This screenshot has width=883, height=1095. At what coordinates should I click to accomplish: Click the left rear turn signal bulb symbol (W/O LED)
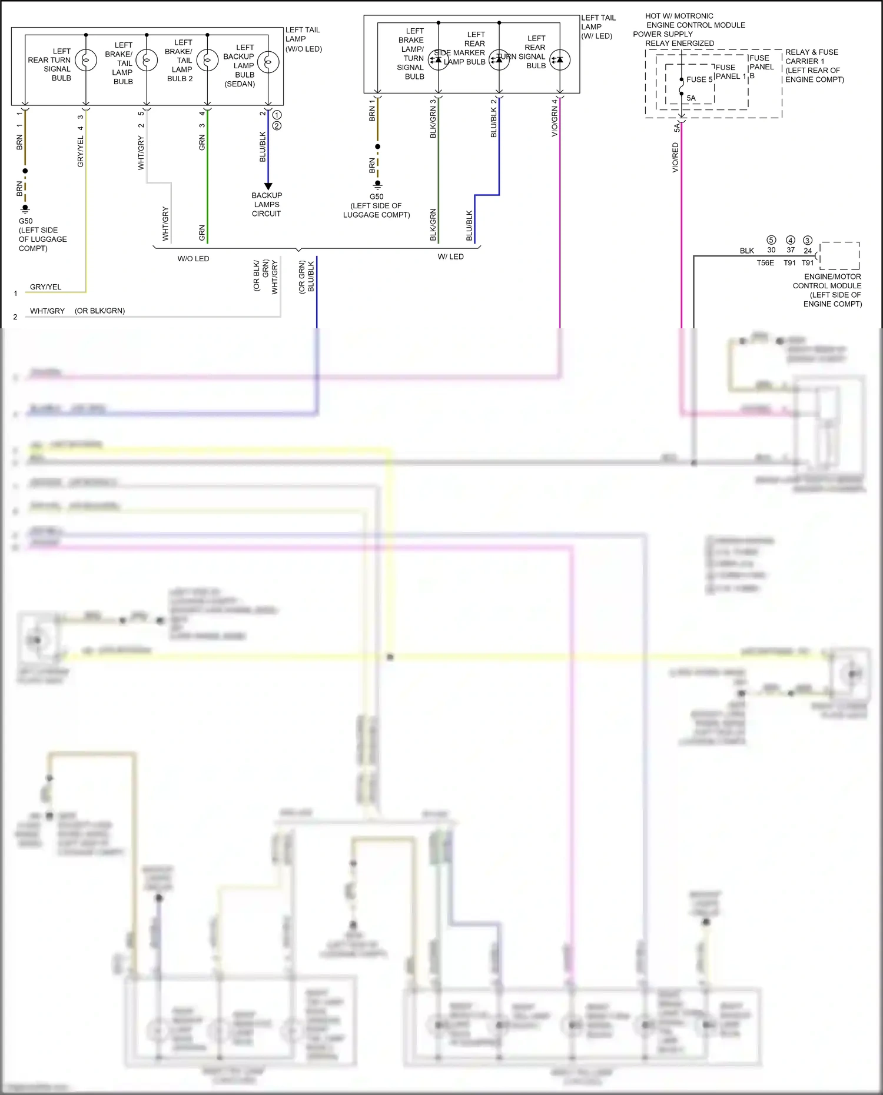(86, 60)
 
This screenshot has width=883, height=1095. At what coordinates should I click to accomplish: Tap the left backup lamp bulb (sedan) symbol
(268, 61)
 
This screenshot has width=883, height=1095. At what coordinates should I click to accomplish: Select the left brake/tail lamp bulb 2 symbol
(207, 60)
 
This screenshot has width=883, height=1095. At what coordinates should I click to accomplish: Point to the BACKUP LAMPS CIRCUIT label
(267, 204)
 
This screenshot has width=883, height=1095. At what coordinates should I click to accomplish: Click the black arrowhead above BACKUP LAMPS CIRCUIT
(268, 186)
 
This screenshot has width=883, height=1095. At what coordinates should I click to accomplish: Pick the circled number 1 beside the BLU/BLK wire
(277, 115)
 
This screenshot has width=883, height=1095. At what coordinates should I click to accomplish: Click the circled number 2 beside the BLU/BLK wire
(277, 125)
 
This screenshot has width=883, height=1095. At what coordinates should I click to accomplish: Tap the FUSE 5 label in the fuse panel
(699, 79)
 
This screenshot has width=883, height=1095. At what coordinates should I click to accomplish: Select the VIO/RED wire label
(675, 158)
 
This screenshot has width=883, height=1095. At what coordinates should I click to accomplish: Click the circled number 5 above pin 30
(771, 240)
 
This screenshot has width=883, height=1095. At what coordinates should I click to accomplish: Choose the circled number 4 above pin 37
(791, 240)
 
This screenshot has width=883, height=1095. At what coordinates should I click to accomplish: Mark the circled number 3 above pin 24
(808, 240)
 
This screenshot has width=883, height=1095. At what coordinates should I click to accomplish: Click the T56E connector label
(765, 263)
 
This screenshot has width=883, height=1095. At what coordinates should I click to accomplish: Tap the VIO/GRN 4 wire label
(554, 118)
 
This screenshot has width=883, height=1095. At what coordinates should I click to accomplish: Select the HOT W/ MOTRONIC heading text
(679, 16)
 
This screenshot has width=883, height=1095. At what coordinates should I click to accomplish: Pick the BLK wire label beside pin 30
(747, 251)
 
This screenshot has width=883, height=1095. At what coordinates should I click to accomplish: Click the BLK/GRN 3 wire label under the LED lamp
(433, 118)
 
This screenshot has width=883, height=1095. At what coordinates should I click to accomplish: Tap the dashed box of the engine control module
(839, 255)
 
